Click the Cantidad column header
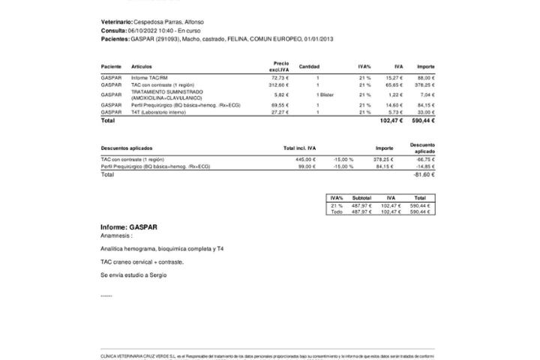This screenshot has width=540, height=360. (x=309, y=67)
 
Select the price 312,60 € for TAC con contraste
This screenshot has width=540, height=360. (x=279, y=85)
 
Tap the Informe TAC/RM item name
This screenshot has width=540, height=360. (x=148, y=78)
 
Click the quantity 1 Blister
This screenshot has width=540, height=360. (x=325, y=95)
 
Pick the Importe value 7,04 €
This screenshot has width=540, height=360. (x=427, y=95)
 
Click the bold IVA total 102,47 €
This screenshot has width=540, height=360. (x=391, y=120)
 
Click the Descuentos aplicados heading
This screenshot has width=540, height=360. (x=126, y=148)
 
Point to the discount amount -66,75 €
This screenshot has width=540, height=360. (x=424, y=159)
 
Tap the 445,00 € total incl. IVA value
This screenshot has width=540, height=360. (x=305, y=159)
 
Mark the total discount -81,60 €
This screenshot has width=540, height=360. (x=424, y=174)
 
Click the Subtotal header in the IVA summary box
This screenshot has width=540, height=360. (x=361, y=198)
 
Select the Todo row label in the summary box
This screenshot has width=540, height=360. (x=337, y=212)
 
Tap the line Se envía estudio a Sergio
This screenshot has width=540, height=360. (x=133, y=275)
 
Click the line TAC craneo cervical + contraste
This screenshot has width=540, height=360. (x=142, y=262)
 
